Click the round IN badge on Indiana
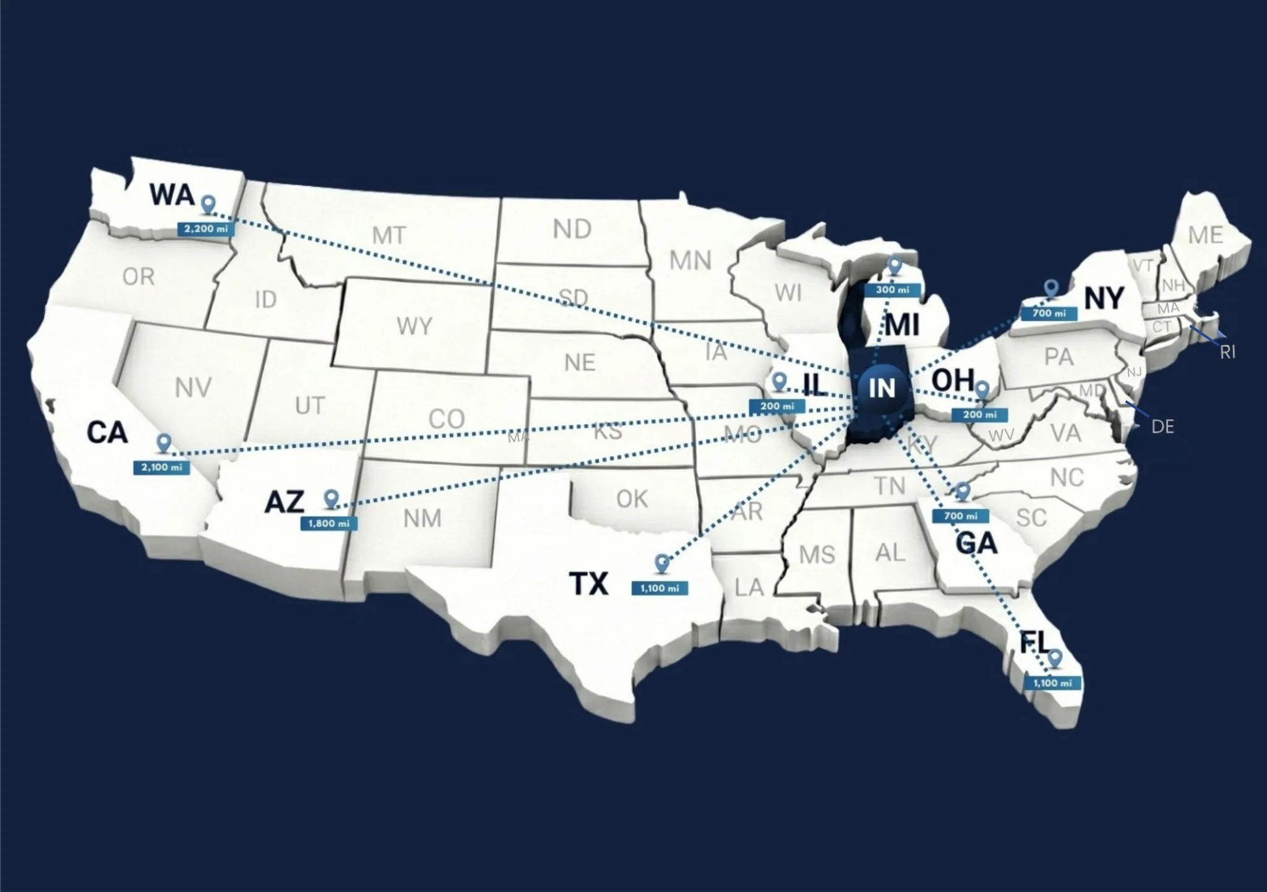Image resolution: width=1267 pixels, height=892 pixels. point(882,388)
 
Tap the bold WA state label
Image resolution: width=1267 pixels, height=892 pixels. point(172,195)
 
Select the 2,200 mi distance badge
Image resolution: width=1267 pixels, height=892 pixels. point(206,229)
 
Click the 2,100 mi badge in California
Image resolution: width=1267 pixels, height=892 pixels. point(161,467)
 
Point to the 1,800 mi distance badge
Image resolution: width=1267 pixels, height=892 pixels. point(329,524)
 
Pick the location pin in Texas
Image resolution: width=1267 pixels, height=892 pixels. point(662,563)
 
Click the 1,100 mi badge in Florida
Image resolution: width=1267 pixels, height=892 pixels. point(1052,683)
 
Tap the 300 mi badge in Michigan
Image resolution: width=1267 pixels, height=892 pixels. point(892,290)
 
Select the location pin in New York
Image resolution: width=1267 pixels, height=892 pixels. point(1051,288)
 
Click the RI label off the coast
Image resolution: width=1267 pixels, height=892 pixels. point(1227,352)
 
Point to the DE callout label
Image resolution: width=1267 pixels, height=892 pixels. point(1162,427)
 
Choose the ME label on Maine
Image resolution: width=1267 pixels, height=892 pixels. point(1205,235)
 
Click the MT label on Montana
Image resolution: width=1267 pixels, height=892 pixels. point(389,235)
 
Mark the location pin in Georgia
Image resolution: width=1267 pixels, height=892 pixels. point(962,492)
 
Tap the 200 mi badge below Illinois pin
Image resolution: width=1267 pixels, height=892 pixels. point(777,407)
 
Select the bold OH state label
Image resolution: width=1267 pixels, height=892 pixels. point(952,380)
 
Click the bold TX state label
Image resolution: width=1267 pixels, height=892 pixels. point(588,583)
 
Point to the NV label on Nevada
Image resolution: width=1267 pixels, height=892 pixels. point(193,388)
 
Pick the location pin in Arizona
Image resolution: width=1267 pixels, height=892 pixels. point(332,498)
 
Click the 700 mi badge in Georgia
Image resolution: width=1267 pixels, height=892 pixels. point(961,516)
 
